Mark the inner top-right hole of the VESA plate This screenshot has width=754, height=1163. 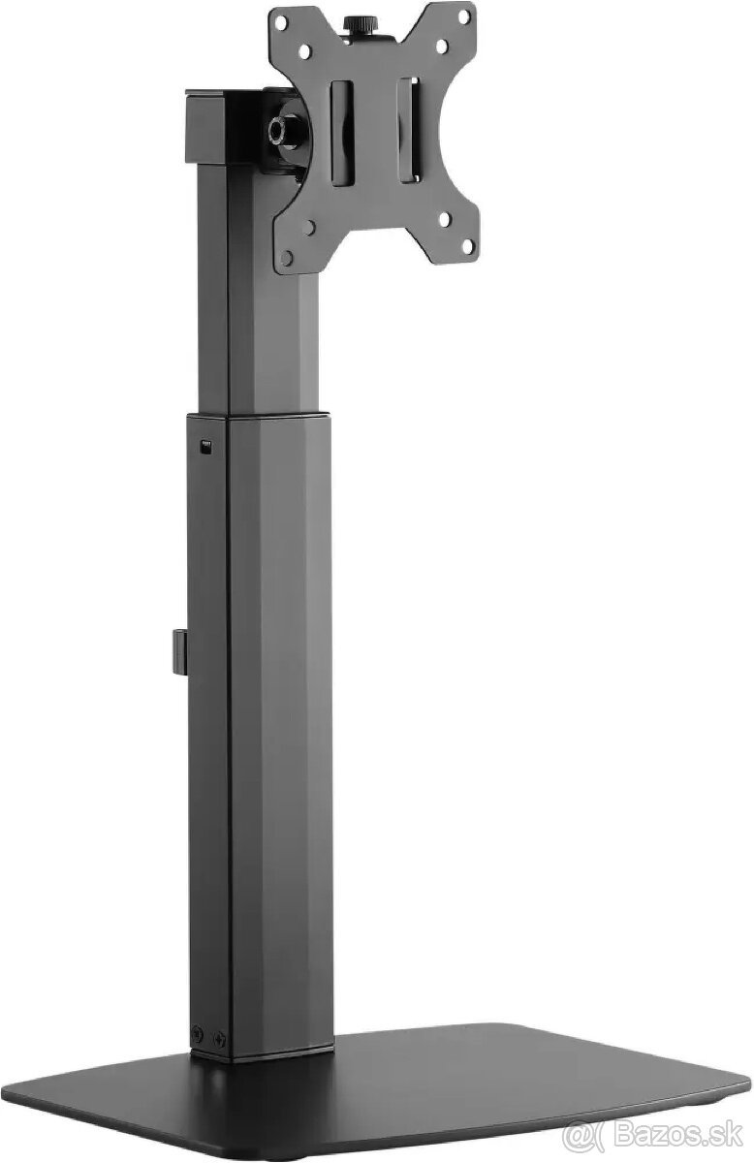tap(439, 45)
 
